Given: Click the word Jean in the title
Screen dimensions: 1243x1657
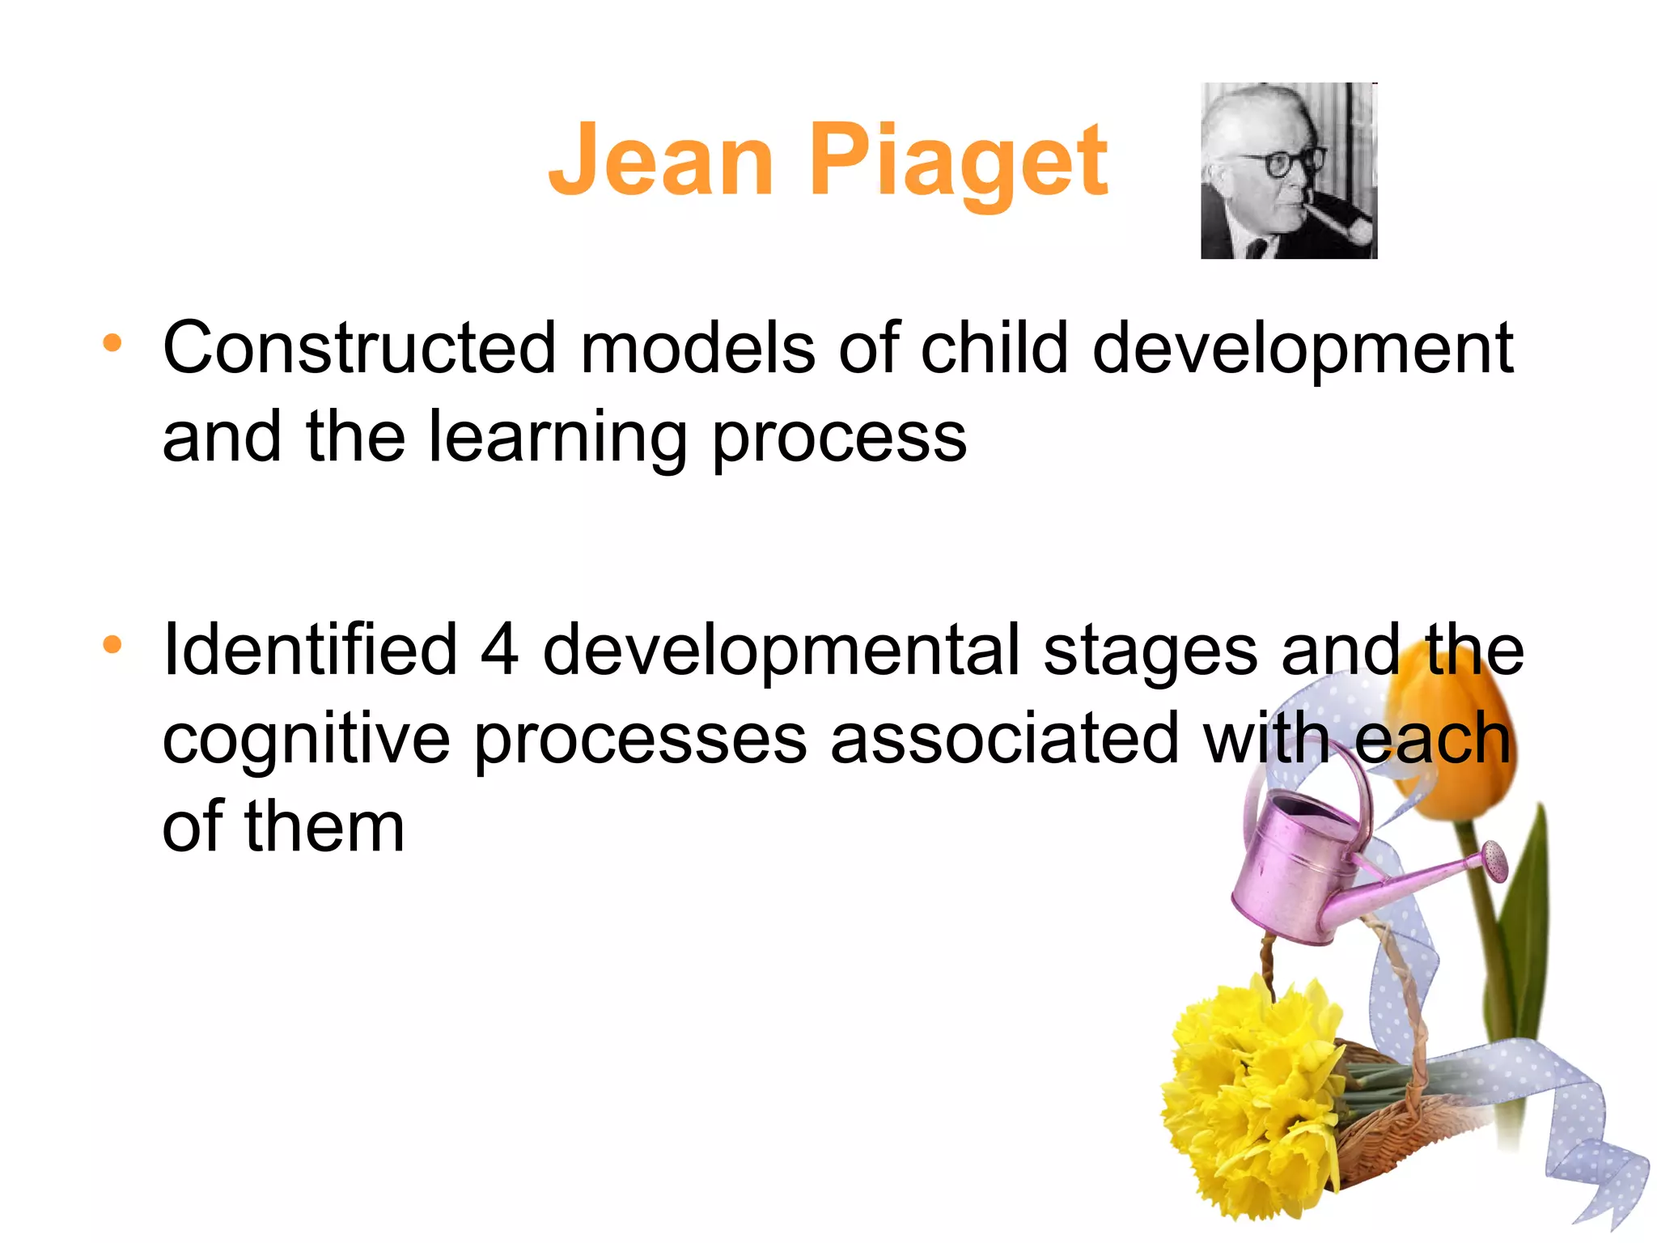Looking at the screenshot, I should (x=661, y=161).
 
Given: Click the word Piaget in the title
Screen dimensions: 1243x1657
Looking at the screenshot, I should (x=958, y=161).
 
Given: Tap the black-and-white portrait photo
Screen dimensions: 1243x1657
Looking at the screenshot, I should (x=1288, y=171).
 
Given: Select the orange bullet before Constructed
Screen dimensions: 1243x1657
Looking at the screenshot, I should (x=112, y=343).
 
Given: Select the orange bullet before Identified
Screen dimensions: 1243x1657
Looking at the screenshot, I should (x=112, y=645).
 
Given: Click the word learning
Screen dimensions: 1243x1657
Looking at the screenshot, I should (x=557, y=438).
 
